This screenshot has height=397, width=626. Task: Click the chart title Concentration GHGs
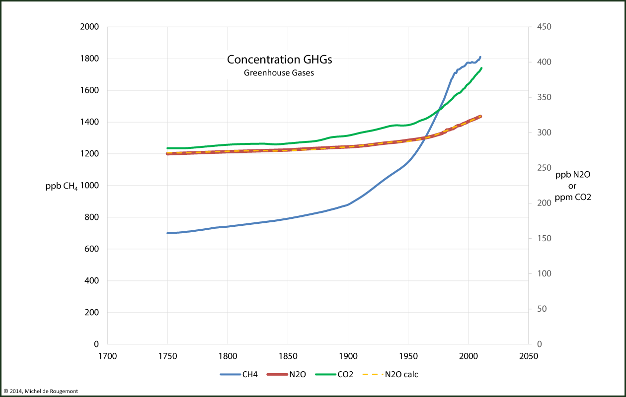(x=279, y=60)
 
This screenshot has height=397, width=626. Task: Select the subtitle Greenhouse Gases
(x=279, y=73)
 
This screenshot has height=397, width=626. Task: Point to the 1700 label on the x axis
(x=107, y=355)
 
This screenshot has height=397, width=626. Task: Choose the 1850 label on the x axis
(x=288, y=355)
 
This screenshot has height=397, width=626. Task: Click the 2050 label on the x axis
(x=528, y=355)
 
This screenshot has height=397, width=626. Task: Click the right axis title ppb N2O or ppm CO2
(x=572, y=186)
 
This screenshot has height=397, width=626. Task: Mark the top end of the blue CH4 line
(x=480, y=57)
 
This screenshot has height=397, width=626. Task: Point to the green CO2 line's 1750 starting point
(x=168, y=148)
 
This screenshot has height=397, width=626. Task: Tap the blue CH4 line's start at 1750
(x=168, y=233)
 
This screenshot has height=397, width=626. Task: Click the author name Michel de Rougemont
(x=49, y=392)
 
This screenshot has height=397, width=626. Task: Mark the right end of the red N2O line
(x=480, y=116)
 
